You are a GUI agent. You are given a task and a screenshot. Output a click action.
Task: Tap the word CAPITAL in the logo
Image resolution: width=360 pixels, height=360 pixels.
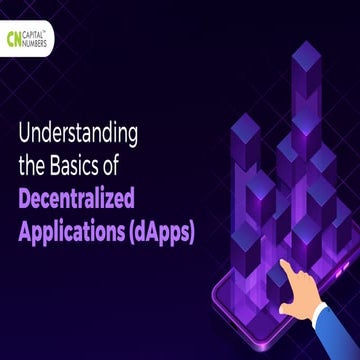click(38, 35)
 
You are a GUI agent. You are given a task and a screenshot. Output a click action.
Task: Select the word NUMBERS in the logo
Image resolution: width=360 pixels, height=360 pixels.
click(39, 44)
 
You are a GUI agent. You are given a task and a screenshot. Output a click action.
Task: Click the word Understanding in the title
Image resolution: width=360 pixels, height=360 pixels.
click(77, 132)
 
